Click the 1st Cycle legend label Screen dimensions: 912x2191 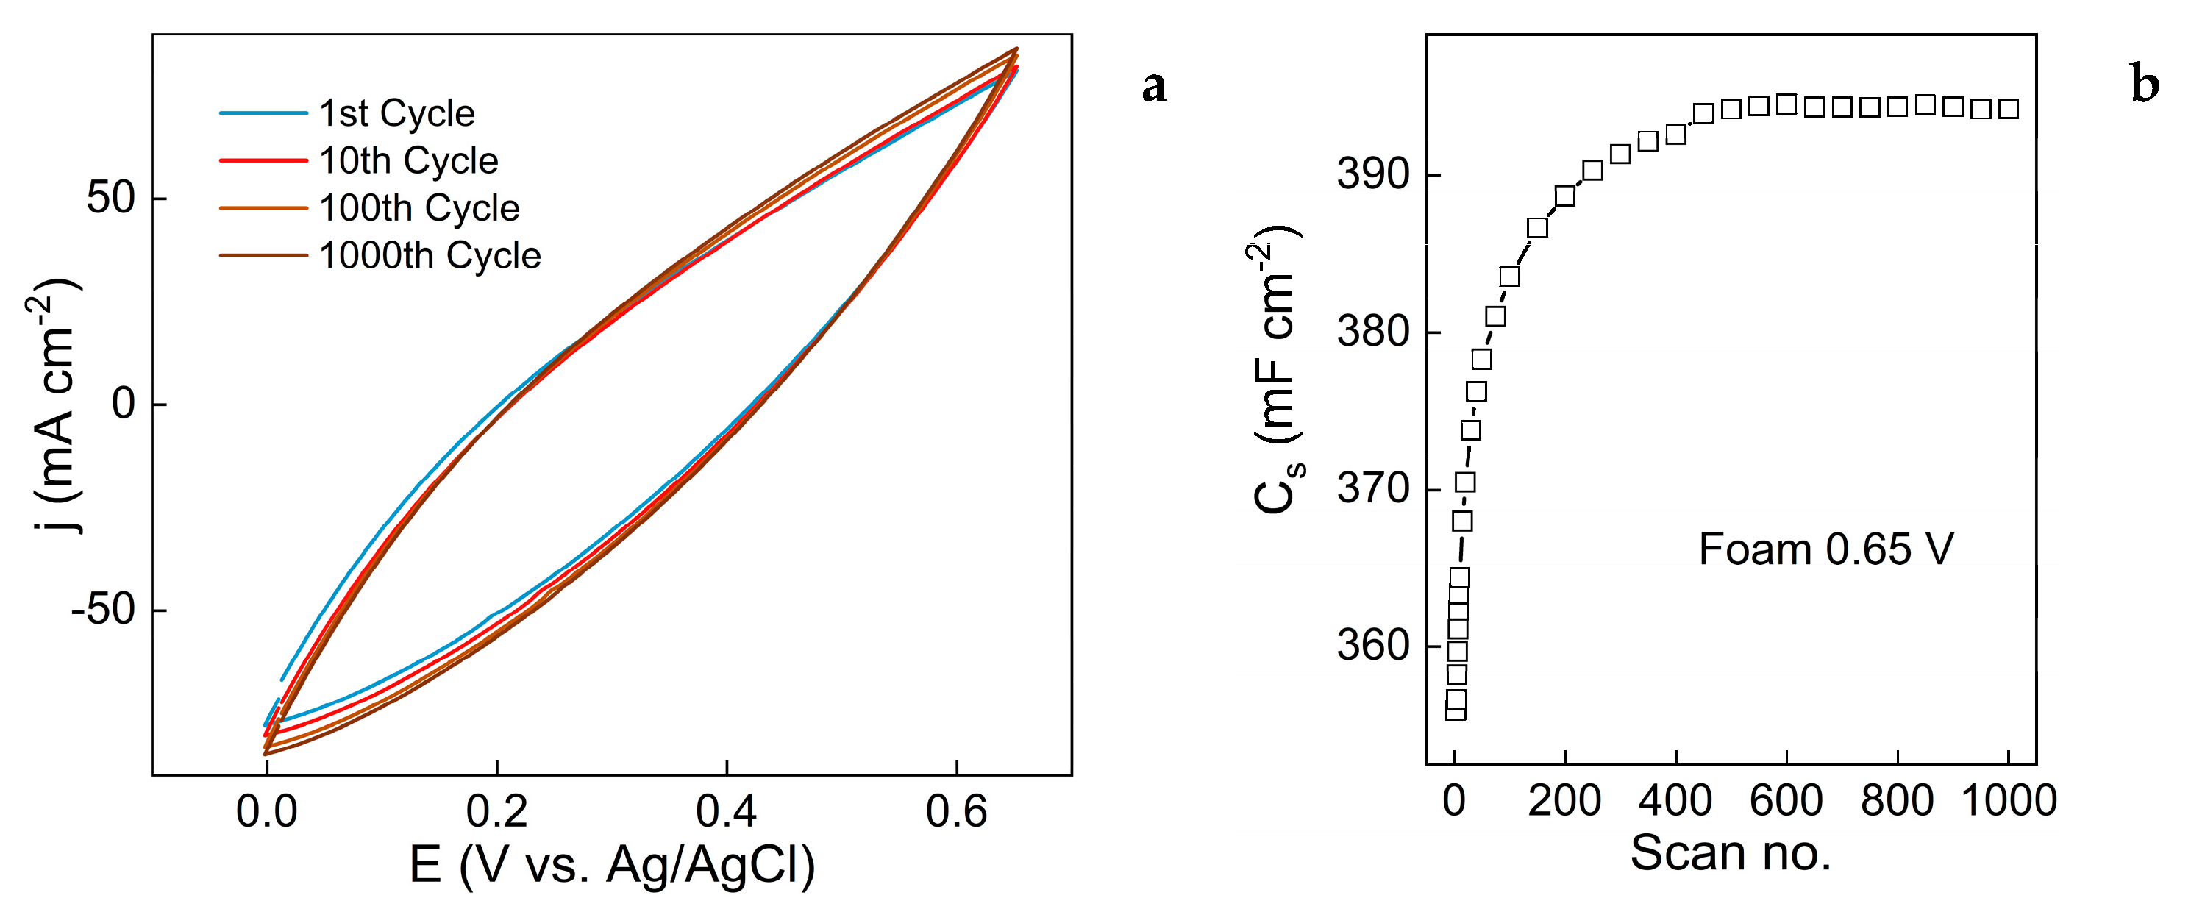click(x=396, y=113)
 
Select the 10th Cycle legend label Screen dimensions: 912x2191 click(x=408, y=161)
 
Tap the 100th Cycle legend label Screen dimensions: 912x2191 click(x=419, y=208)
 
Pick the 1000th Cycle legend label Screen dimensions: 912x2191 click(x=430, y=256)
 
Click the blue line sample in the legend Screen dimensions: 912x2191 click(x=263, y=113)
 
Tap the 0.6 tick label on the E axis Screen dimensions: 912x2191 click(x=956, y=811)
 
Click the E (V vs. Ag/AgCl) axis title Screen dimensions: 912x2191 click(x=611, y=865)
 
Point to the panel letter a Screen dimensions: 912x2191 click(x=1154, y=86)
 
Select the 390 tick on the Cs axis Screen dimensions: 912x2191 click(x=1373, y=175)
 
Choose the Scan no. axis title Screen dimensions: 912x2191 click(x=1730, y=853)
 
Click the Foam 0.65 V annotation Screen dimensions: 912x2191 click(x=1826, y=549)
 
